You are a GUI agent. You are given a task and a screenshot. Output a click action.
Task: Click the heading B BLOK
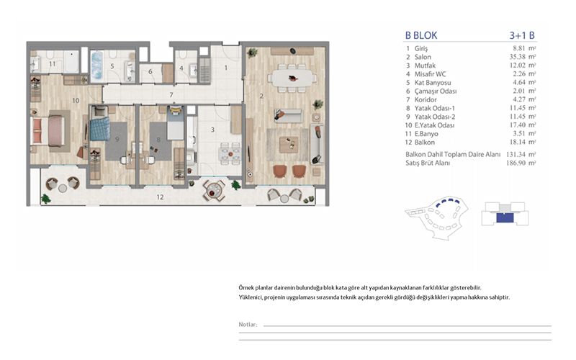pyautogui.click(x=421, y=35)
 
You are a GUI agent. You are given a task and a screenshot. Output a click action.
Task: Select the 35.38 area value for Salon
pyautogui.click(x=517, y=57)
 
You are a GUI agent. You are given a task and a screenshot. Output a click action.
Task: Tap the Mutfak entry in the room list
pyautogui.click(x=425, y=66)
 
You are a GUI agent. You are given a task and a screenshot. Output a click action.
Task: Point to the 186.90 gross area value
pyautogui.click(x=516, y=163)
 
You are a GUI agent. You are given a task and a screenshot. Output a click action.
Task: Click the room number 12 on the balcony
pyautogui.click(x=160, y=197)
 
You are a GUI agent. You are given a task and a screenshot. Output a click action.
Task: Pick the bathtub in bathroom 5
pyautogui.click(x=96, y=66)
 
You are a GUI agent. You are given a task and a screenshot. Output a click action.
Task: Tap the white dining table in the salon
pyautogui.click(x=292, y=78)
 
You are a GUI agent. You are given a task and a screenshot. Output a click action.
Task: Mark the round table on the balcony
pyautogui.click(x=213, y=190)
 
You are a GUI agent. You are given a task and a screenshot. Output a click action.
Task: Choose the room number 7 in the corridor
pyautogui.click(x=171, y=95)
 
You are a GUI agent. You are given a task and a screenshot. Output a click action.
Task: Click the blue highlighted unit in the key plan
pyautogui.click(x=505, y=218)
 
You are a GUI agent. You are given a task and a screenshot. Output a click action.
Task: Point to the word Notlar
pyautogui.click(x=247, y=325)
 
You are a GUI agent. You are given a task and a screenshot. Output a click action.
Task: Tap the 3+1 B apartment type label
pyautogui.click(x=522, y=35)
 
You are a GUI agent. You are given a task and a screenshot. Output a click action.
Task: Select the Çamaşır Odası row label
pyautogui.click(x=436, y=91)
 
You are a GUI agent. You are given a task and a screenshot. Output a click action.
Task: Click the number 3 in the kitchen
pyautogui.click(x=212, y=130)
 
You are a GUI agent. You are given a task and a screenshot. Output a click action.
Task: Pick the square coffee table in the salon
pyautogui.click(x=289, y=145)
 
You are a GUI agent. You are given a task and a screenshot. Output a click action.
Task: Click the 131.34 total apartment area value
pyautogui.click(x=516, y=154)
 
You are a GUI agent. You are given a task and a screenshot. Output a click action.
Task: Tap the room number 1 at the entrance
pyautogui.click(x=226, y=68)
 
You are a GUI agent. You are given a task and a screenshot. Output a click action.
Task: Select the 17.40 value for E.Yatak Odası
pyautogui.click(x=517, y=125)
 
